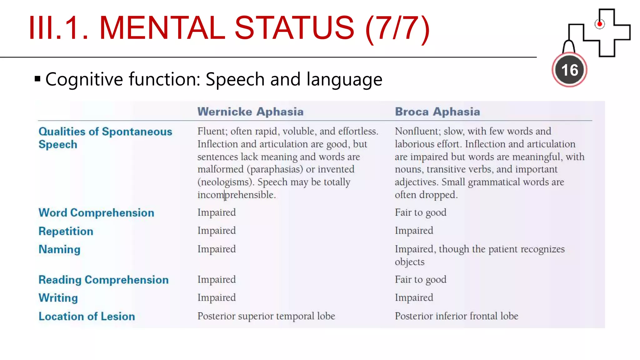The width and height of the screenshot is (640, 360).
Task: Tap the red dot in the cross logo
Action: click(599, 24)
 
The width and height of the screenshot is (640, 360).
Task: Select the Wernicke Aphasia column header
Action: click(250, 112)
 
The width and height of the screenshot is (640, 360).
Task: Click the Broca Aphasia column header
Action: click(437, 112)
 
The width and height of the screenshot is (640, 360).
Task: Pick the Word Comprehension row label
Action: click(96, 213)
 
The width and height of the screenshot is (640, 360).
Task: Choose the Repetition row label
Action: click(66, 231)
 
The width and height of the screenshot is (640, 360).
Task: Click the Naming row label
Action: click(59, 249)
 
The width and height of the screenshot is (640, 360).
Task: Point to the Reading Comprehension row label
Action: click(103, 280)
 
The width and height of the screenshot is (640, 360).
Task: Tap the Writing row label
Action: click(58, 298)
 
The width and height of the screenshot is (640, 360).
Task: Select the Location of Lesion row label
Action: click(87, 316)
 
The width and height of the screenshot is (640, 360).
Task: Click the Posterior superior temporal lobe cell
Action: click(266, 316)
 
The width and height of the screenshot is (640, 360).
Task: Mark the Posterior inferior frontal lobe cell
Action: click(456, 316)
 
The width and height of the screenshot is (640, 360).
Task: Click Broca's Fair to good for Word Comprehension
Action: click(420, 212)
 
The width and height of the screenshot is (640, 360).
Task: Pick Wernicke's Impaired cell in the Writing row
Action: click(217, 297)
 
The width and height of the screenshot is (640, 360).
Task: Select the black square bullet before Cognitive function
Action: click(37, 79)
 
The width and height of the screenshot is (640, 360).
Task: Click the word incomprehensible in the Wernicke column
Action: click(236, 195)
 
